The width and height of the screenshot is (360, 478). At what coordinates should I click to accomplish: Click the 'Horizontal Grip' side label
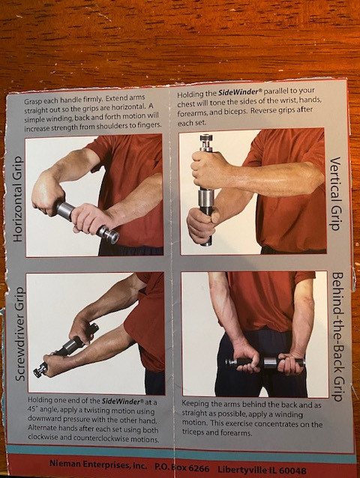[18, 199]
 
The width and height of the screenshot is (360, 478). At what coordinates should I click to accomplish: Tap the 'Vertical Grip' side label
[335, 193]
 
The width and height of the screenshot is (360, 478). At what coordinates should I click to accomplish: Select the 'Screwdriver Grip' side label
[20, 334]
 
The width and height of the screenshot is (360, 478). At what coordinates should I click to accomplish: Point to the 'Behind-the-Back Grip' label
[337, 336]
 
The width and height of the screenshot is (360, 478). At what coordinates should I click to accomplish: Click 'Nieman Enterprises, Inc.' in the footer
[98, 465]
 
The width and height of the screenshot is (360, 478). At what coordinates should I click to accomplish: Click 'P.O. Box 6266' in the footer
[181, 468]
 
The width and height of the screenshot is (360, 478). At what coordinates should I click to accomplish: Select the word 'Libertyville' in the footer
[241, 470]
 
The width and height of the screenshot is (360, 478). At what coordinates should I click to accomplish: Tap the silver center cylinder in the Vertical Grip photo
[206, 198]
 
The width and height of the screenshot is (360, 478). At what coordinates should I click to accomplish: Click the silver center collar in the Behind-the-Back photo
[270, 363]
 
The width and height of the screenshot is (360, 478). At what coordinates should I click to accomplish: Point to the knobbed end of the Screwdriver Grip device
[40, 370]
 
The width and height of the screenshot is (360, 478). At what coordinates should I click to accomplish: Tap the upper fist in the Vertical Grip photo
[208, 169]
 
